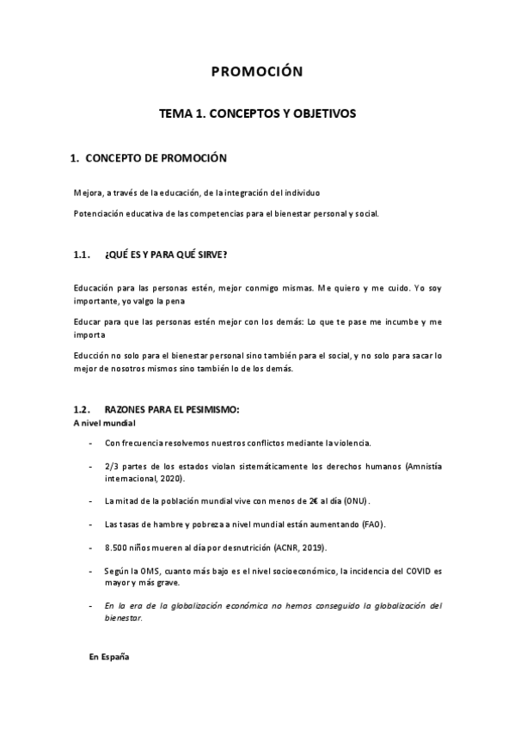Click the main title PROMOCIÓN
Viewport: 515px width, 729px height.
coord(257,72)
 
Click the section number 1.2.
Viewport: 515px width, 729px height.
coord(83,411)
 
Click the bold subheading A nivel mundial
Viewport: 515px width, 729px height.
coord(103,424)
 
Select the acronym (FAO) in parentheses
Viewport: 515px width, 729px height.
coord(368,524)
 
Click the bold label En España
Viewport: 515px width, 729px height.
coord(109,658)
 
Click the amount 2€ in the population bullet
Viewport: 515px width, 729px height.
coord(295,500)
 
